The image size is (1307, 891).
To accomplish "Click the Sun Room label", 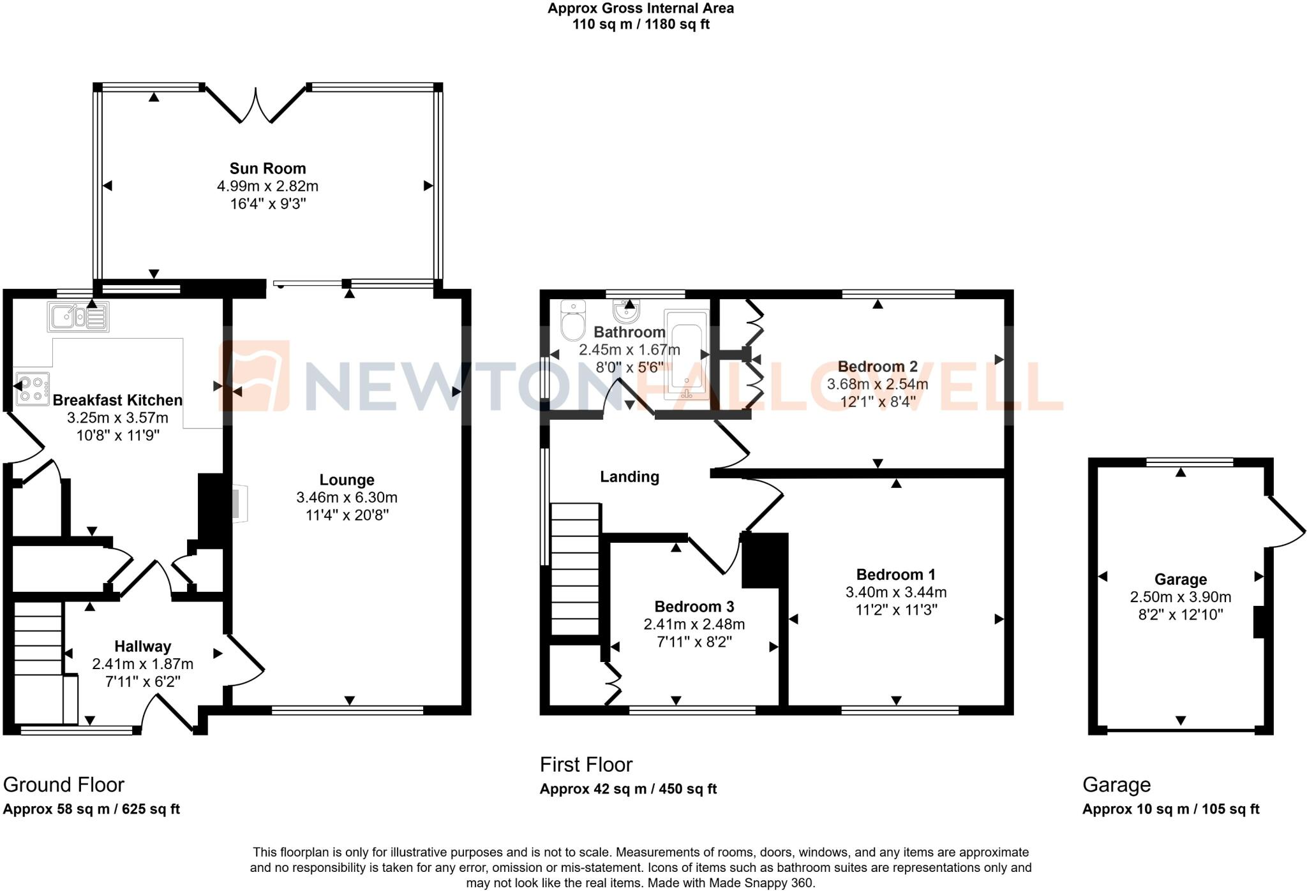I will click(267, 168).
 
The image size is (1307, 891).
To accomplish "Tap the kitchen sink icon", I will click(78, 316).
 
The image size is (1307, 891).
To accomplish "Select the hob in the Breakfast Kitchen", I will click(33, 389).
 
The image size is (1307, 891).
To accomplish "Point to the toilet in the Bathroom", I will click(573, 321).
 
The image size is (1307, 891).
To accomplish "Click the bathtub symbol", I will click(686, 354).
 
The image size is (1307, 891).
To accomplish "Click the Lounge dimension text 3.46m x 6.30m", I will click(347, 497).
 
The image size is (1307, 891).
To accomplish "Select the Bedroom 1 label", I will click(895, 574).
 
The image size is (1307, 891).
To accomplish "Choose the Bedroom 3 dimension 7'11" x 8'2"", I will click(694, 642).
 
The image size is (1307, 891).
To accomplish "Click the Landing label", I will click(629, 476).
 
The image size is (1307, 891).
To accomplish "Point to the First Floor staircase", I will click(575, 569).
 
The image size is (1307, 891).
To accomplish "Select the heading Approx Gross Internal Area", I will click(640, 8).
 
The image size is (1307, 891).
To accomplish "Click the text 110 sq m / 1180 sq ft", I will click(640, 25).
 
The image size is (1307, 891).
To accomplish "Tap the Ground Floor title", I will click(64, 784).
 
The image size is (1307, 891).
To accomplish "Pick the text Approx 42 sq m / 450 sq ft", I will click(628, 789).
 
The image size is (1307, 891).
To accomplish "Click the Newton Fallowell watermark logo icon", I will click(254, 376).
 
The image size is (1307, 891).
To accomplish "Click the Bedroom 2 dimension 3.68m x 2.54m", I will click(877, 385).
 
